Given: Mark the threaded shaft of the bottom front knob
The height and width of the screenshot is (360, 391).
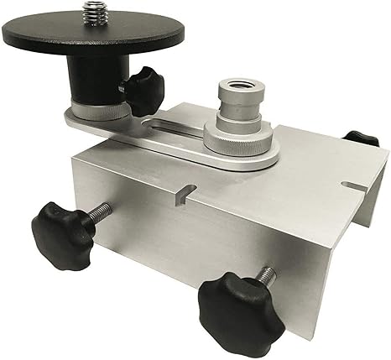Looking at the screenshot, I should click(264, 278).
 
